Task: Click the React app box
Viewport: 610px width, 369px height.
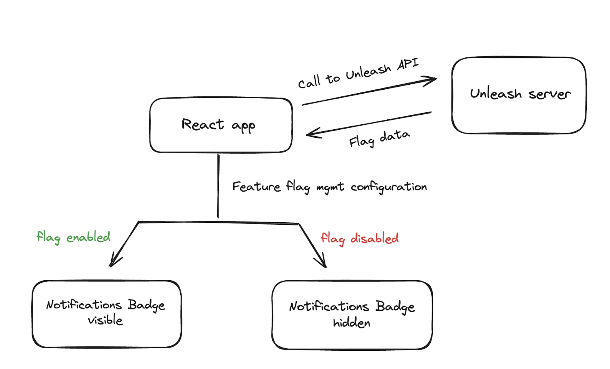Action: tap(221, 125)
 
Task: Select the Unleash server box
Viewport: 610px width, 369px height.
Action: tap(518, 95)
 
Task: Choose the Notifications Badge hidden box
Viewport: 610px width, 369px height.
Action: tap(352, 315)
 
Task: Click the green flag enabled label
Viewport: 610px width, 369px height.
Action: tap(73, 237)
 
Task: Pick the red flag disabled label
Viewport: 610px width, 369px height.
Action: tap(359, 238)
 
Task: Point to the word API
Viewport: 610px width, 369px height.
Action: tap(408, 64)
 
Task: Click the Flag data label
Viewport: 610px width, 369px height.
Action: tap(379, 138)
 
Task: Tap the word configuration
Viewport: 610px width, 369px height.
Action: tap(388, 187)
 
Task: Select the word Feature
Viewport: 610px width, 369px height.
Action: tap(256, 187)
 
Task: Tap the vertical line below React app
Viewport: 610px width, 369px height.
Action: tap(218, 186)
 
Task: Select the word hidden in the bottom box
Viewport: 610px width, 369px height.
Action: tap(352, 323)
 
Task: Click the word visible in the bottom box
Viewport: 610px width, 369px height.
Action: tap(105, 320)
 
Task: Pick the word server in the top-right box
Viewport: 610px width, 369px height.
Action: tap(549, 94)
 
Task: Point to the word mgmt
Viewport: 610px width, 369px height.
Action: tap(330, 187)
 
